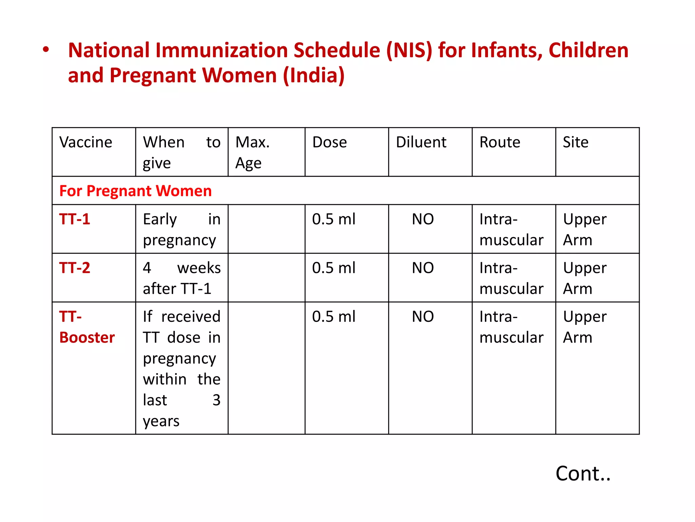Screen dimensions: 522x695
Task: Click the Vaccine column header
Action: [x=86, y=142]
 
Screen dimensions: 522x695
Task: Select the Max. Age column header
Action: [x=252, y=152]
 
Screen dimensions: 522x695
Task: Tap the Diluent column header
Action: [x=421, y=142]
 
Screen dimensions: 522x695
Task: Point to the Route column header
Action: [x=500, y=142]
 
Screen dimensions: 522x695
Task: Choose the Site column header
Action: [x=576, y=142]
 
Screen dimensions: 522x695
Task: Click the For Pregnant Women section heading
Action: [x=135, y=191]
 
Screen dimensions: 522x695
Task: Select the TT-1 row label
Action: [x=75, y=219]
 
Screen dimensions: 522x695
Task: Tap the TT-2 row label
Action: [x=75, y=268]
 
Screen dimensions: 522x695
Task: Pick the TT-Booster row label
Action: [x=87, y=327]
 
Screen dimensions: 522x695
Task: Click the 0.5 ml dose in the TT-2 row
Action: [x=334, y=268]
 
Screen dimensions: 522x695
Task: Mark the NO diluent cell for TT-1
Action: [x=423, y=219]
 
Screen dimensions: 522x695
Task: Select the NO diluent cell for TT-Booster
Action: [x=423, y=317]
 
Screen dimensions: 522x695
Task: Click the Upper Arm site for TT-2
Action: [x=584, y=278]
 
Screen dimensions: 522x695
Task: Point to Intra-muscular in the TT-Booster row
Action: [x=511, y=327]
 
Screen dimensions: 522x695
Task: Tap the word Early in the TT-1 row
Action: [x=160, y=219]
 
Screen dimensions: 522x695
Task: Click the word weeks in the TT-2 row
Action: [x=199, y=268]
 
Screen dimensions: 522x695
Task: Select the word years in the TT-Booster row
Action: [x=161, y=421]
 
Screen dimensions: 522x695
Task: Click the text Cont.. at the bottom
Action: [x=583, y=473]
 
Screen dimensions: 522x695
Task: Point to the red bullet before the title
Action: [x=46, y=50]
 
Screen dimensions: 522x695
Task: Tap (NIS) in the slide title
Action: [x=410, y=50]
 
